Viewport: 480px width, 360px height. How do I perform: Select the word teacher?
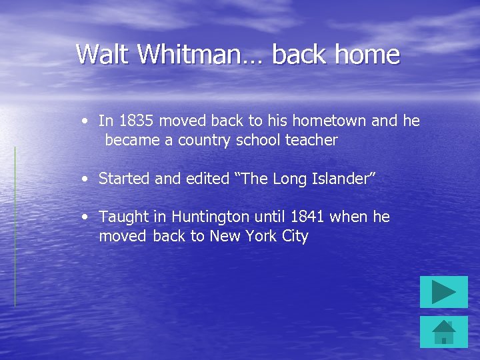pos(311,140)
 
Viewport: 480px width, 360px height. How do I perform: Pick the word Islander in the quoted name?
pos(344,179)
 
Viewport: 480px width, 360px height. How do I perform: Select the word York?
pos(263,236)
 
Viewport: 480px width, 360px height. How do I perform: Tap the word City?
pos(295,236)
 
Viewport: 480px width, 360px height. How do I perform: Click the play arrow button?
pos(443,292)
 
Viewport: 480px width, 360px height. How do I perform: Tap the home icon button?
pos(443,332)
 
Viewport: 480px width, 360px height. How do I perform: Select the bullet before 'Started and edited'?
pos(85,179)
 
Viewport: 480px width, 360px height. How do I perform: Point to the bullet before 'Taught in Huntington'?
pos(85,217)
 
